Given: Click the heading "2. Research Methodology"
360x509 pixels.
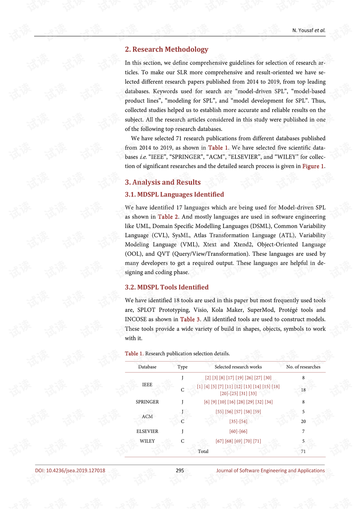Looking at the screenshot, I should tap(166, 50).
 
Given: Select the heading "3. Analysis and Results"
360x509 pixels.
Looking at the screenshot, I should tap(163, 182).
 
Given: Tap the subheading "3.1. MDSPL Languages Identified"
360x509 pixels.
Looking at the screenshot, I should tap(174, 194).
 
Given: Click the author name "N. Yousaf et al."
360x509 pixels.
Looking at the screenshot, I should tap(309, 30).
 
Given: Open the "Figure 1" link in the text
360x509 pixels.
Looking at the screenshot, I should tap(313, 166).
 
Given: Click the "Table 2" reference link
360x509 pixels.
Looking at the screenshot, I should tap(168, 217).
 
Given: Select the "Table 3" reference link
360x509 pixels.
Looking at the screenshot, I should tap(190, 320).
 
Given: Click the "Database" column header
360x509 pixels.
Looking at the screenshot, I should tap(147, 367).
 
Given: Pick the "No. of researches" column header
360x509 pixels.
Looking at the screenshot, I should tap(303, 367).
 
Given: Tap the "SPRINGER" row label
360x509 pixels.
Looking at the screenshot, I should tap(147, 402).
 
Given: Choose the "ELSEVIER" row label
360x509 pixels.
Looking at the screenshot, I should tap(147, 431).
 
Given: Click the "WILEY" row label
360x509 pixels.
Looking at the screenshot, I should tap(147, 441).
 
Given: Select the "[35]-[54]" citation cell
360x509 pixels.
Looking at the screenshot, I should tap(238, 422).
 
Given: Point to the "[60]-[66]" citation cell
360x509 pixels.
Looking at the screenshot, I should tap(238, 431).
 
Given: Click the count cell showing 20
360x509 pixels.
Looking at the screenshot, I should tap(303, 422).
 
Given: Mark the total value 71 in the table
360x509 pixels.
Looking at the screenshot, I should tap(303, 452).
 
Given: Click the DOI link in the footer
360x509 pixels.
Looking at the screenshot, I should tap(70, 471).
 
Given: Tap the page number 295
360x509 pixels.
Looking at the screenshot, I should tap(180, 471).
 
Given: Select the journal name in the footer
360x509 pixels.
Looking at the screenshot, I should tap(270, 471).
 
